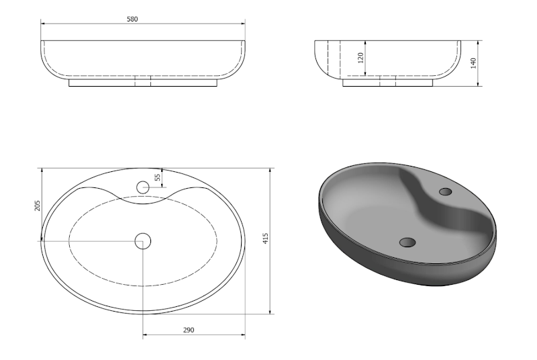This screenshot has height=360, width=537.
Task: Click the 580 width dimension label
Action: tap(132, 19)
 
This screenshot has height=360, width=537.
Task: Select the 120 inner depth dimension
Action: tap(360, 58)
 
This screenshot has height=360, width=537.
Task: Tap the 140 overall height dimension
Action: tap(474, 63)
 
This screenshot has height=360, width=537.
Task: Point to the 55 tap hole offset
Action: tap(157, 177)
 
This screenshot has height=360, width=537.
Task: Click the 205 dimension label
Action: tap(38, 206)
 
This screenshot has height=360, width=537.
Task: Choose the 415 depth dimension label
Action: tap(265, 238)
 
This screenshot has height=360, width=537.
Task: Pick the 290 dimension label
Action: tap(189, 330)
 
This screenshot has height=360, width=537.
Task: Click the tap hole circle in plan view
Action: tap(143, 187)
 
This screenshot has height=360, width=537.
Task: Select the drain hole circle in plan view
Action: tap(143, 241)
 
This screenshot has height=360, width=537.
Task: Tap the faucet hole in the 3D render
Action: tap(446, 191)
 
